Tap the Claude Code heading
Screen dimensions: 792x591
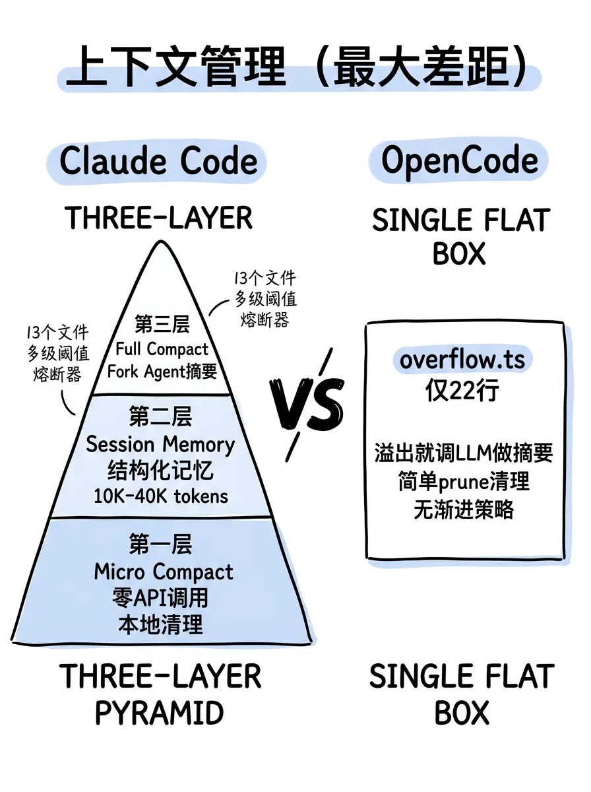[159, 162]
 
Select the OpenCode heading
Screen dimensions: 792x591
[460, 162]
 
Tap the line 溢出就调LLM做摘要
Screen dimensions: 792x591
[463, 453]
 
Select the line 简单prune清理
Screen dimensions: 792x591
[463, 482]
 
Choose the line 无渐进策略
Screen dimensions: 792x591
[463, 510]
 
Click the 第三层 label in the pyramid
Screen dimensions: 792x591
[162, 325]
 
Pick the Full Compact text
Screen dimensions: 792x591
[162, 348]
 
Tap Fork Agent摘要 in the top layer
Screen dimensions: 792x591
[162, 372]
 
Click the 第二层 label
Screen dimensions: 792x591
[160, 418]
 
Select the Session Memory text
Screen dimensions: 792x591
[160, 444]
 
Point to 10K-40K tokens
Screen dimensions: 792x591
[160, 496]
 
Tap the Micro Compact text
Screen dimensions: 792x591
[164, 572]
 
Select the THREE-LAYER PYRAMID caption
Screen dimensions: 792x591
[160, 694]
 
